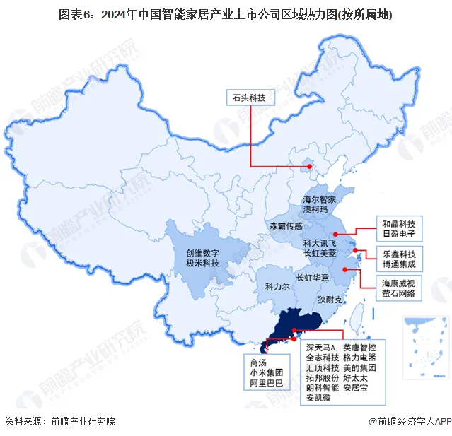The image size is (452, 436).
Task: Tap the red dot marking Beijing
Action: [307, 167]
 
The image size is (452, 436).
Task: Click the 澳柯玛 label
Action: [315, 210]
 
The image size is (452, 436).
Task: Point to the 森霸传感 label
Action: [286, 226]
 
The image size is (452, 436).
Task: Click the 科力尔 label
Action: [277, 288]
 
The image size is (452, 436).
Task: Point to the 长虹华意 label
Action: [313, 278]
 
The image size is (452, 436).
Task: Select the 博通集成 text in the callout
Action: [400, 264]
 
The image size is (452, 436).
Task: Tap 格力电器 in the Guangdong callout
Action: [359, 358]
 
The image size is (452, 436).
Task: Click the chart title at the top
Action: [226, 14]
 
